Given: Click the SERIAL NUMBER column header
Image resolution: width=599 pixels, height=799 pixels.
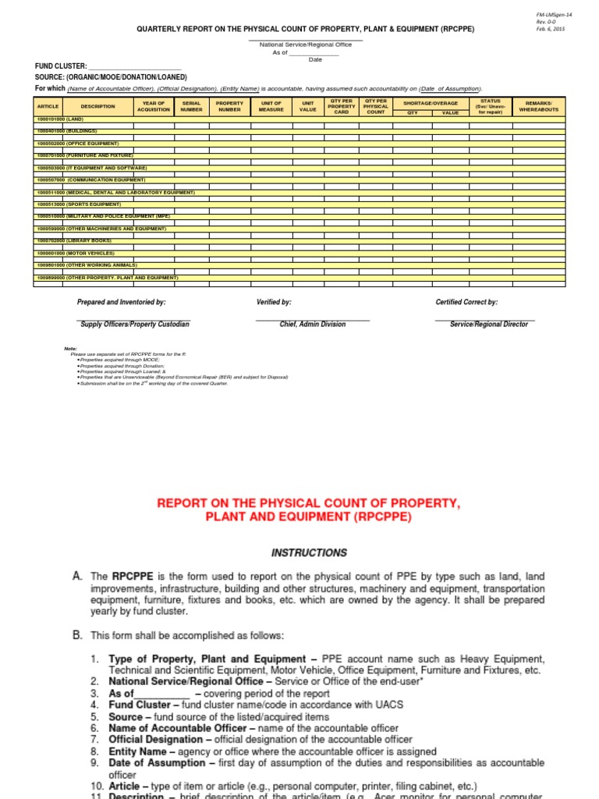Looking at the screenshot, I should (x=192, y=106).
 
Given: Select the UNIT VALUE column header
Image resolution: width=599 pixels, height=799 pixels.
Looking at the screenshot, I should (x=308, y=106).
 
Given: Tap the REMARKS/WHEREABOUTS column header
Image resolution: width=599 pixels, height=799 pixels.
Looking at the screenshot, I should (x=539, y=106).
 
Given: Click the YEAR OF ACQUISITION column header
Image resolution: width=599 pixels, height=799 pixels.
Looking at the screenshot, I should (x=154, y=106).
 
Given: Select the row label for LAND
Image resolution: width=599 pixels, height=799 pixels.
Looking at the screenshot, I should (x=59, y=119).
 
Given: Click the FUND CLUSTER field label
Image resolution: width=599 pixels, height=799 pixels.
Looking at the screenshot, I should (x=61, y=67).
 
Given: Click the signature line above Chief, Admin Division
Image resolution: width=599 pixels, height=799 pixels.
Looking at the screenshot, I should (x=312, y=319).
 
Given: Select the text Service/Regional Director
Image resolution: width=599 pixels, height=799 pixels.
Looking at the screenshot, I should (x=489, y=325).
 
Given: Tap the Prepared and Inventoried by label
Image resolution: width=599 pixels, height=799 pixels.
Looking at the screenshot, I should (x=121, y=302).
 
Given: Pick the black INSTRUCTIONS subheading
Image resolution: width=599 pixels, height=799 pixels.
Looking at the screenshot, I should (x=309, y=552).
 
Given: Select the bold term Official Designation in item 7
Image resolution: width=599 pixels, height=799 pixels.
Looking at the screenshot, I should (x=156, y=739).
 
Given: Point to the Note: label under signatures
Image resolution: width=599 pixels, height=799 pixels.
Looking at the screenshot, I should (x=71, y=348).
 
